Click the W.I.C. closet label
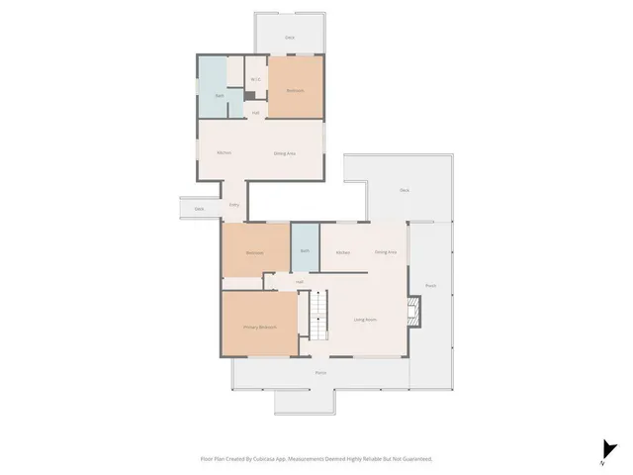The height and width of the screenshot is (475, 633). point(254,79)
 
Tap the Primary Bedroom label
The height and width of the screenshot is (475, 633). point(260,327)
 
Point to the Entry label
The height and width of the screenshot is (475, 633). point(234,204)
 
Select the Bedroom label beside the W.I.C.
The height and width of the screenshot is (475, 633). point(295,91)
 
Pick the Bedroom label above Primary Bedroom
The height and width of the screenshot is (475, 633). point(254,252)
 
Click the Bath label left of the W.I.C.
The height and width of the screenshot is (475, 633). point(219,95)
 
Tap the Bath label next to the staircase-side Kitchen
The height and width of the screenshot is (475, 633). point(305,251)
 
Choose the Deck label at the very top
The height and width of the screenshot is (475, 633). point(290,38)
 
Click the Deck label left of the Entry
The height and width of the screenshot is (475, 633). point(199,209)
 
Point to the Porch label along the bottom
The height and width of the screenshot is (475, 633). point(320,373)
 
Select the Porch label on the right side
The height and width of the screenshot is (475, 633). point(430,286)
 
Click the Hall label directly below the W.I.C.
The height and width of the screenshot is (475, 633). point(255,113)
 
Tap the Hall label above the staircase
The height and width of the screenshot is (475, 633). point(299,282)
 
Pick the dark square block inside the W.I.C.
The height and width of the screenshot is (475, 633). point(251,95)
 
